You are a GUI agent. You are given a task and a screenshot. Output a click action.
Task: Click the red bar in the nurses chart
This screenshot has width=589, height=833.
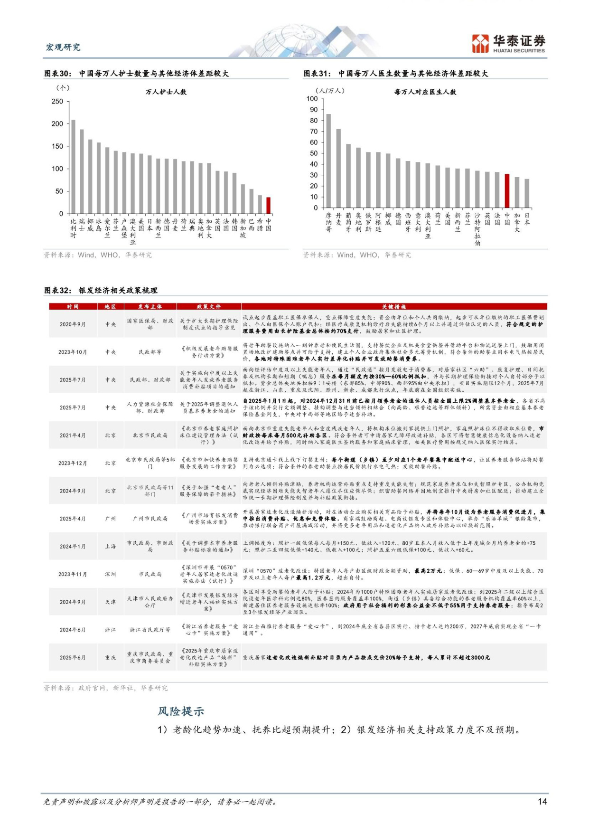268,206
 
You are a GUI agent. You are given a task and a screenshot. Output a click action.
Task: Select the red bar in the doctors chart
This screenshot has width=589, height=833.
507,191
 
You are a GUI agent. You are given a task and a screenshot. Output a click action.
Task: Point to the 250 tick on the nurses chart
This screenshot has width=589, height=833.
57,101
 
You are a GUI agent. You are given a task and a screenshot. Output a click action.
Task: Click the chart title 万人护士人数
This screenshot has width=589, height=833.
166,92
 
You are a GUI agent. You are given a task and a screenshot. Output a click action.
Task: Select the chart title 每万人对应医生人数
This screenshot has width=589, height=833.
425,92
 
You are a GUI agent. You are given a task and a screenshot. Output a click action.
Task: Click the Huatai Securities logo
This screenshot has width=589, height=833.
508,44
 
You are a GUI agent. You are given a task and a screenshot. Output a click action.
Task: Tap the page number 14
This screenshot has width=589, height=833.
542,802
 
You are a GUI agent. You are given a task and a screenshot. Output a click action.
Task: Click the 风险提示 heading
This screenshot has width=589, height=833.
181,711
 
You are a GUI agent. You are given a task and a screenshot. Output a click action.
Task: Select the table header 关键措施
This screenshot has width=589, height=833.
393,307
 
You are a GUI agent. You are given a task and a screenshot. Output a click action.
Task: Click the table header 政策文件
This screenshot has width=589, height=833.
209,307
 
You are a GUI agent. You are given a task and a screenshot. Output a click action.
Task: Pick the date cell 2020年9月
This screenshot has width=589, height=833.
73,324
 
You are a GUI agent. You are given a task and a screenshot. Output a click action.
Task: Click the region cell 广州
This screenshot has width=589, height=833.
110,519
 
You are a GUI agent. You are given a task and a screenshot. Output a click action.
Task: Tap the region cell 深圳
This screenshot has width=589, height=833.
110,574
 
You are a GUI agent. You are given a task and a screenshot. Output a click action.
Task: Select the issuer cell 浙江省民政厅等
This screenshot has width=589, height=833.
150,630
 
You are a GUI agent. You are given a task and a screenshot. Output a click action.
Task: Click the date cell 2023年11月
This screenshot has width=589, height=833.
73,574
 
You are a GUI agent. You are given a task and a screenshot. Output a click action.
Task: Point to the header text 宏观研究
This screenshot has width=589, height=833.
63,47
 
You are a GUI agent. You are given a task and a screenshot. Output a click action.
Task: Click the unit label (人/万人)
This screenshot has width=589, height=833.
330,91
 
